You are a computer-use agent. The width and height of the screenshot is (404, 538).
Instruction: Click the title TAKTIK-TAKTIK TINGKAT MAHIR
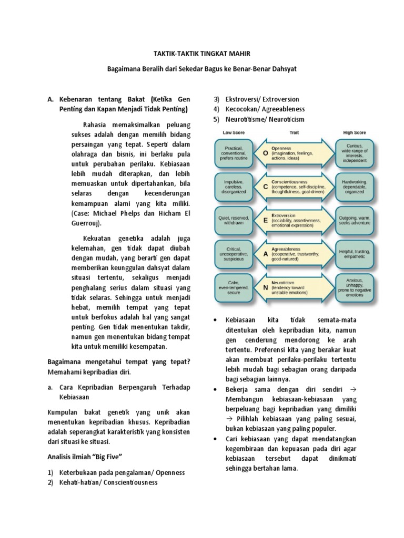[x=202, y=53]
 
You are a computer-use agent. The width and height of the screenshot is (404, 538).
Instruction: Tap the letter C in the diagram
[x=266, y=186]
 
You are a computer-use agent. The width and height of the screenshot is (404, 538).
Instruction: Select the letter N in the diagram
[x=266, y=287]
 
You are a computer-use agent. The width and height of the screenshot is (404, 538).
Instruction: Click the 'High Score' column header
[x=355, y=132]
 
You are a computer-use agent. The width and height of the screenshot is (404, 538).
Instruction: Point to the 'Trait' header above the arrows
[x=294, y=132]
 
